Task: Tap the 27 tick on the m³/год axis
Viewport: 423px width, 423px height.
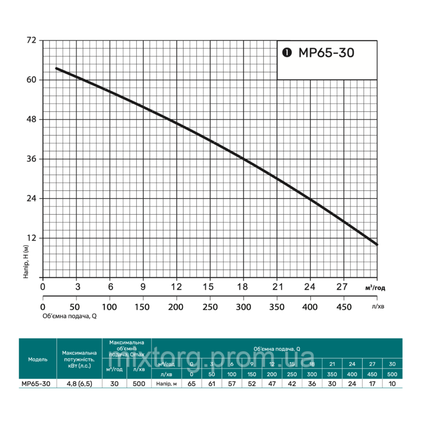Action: [x=343, y=286]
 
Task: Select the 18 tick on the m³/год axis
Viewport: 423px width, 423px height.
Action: [x=243, y=286]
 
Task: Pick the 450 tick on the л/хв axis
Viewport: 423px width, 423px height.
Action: [x=343, y=307]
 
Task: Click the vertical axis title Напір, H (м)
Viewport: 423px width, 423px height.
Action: [x=26, y=261]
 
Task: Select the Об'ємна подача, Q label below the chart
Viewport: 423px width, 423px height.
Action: [x=70, y=316]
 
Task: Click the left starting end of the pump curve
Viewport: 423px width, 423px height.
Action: [x=57, y=68]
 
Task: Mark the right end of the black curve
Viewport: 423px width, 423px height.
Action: [x=376, y=244]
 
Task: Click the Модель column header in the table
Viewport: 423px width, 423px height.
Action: [x=38, y=359]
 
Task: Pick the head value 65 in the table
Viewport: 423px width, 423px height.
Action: [x=192, y=384]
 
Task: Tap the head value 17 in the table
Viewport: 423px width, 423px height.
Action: [x=372, y=384]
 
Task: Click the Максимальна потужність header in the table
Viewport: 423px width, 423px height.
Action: [x=80, y=359]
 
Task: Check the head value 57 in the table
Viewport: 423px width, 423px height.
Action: [x=232, y=384]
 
